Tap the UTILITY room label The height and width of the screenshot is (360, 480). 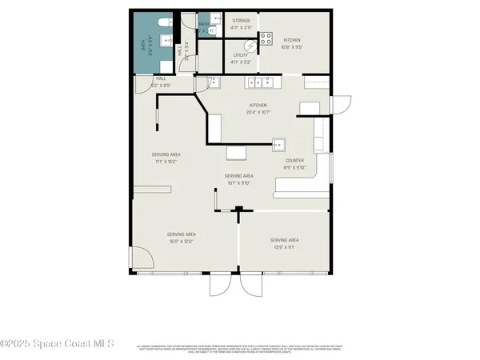(241, 57)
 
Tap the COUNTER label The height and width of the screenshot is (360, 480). (295, 164)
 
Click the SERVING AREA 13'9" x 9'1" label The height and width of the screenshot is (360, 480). (284, 243)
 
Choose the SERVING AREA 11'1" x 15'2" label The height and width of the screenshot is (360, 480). (166, 158)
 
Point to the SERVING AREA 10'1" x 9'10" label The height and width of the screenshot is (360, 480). (238, 178)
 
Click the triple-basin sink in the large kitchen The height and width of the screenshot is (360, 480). (262, 82)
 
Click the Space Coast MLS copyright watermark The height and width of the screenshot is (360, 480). (58, 345)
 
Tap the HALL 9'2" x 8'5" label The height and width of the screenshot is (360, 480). (149, 82)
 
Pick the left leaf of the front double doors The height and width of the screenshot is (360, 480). (220, 285)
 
